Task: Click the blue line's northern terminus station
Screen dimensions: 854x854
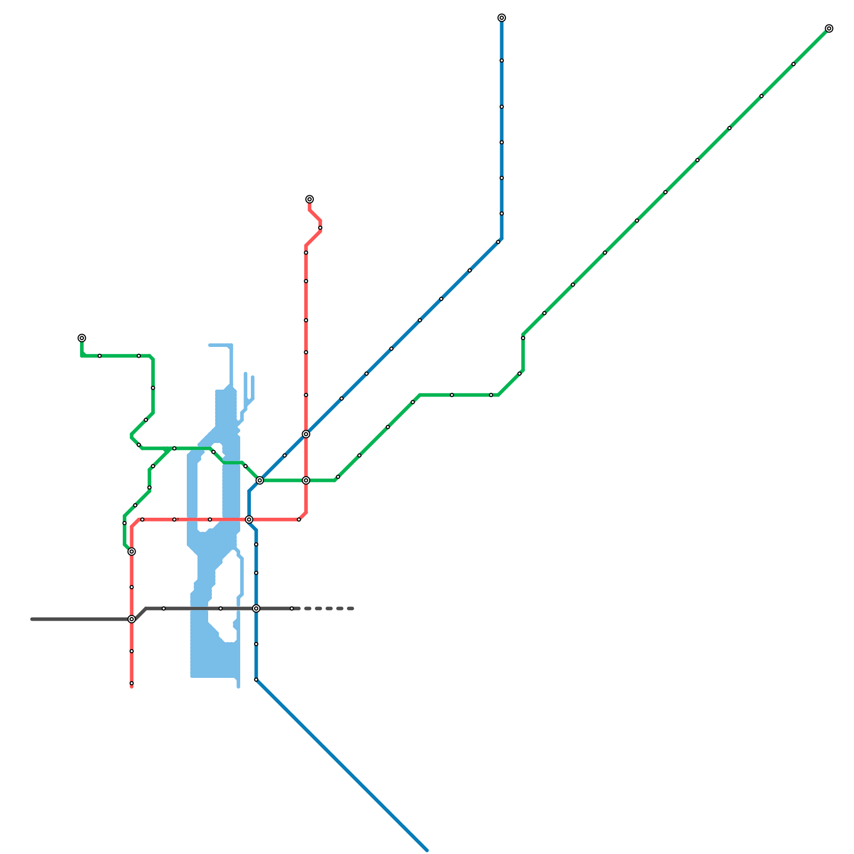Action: pyautogui.click(x=502, y=18)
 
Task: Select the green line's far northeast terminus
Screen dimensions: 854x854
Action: pyautogui.click(x=829, y=29)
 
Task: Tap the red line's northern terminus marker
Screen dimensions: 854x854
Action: pyautogui.click(x=310, y=200)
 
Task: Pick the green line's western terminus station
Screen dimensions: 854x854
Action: pyautogui.click(x=82, y=338)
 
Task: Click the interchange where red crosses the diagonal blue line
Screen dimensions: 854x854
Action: pyautogui.click(x=306, y=434)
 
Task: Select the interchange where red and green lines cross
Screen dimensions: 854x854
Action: pyautogui.click(x=306, y=480)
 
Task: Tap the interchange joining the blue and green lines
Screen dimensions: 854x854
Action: pyautogui.click(x=260, y=480)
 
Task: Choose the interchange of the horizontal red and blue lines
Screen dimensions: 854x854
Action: pyautogui.click(x=249, y=519)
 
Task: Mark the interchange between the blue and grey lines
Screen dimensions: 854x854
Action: pyautogui.click(x=256, y=608)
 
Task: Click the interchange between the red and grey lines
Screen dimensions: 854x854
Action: pyautogui.click(x=132, y=619)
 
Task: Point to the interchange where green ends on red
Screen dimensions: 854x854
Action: pyautogui.click(x=132, y=551)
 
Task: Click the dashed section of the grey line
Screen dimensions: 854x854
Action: pyautogui.click(x=328, y=608)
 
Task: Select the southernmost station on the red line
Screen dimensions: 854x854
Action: pyautogui.click(x=132, y=683)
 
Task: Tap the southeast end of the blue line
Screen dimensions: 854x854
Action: pyautogui.click(x=426, y=850)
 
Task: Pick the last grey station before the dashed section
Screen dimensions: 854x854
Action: pyautogui.click(x=292, y=608)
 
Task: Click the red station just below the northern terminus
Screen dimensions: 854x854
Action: pyautogui.click(x=320, y=228)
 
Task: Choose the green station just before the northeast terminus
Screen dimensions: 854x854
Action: pyautogui.click(x=794, y=64)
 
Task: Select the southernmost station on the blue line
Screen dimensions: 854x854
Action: pyautogui.click(x=256, y=679)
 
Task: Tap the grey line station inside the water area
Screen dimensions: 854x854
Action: pyautogui.click(x=220, y=608)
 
